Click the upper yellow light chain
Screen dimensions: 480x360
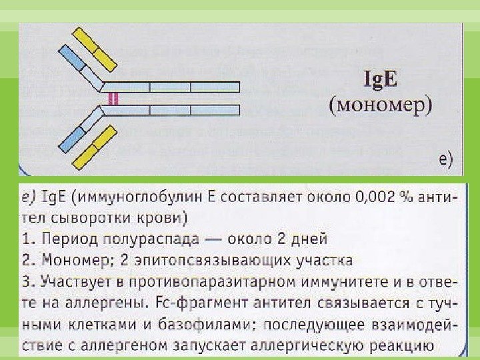point(93,48)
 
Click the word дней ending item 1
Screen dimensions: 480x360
point(307,238)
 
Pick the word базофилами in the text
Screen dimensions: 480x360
point(173,324)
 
